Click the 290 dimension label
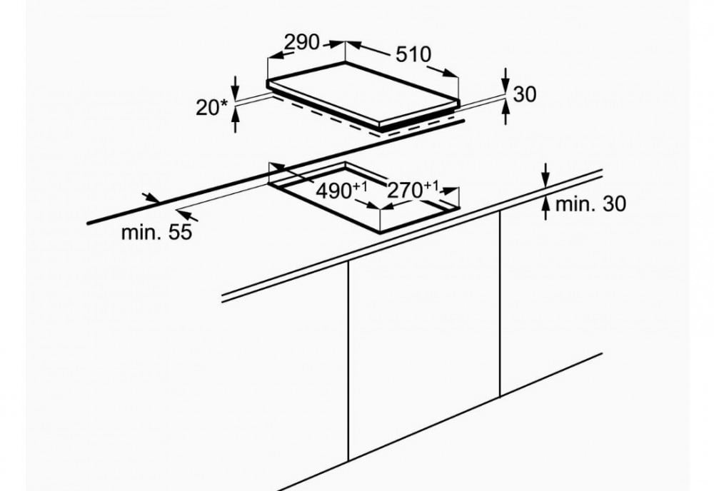tap(302, 43)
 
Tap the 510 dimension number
tap(413, 54)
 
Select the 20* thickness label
tap(211, 107)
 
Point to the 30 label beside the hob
tap(525, 94)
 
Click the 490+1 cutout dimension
tap(341, 191)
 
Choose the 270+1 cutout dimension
tap(413, 190)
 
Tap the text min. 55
tap(156, 233)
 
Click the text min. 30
tap(590, 204)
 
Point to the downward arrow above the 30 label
tap(506, 81)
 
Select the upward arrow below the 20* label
tap(235, 119)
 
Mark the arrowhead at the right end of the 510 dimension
tap(451, 74)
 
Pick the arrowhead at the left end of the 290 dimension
tap(275, 56)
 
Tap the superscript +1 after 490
tap(361, 186)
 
